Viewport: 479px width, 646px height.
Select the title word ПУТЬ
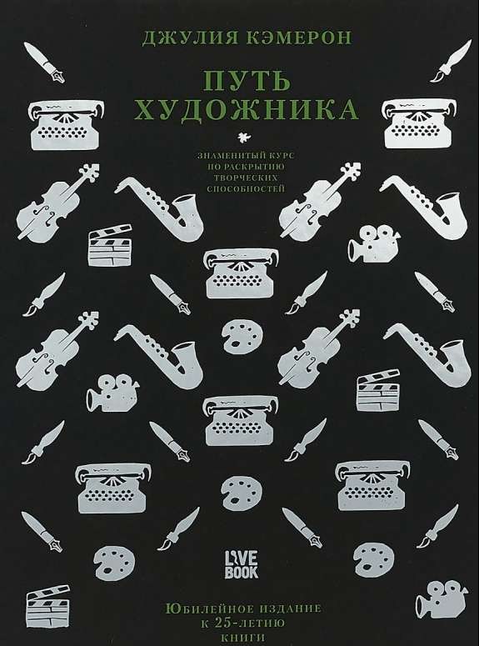pos(247,81)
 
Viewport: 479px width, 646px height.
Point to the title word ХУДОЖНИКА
pos(247,110)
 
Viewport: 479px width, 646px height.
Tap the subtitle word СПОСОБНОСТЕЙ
pos(246,188)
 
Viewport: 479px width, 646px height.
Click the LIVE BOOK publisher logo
pos(241,564)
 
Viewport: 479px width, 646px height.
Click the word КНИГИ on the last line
pos(244,638)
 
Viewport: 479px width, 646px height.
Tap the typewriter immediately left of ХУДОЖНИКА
pos(66,123)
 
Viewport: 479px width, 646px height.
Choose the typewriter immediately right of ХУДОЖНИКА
pos(419,123)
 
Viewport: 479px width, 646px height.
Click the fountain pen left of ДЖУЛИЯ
pos(44,63)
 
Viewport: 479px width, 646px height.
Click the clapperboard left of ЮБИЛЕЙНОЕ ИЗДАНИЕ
pos(48,605)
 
